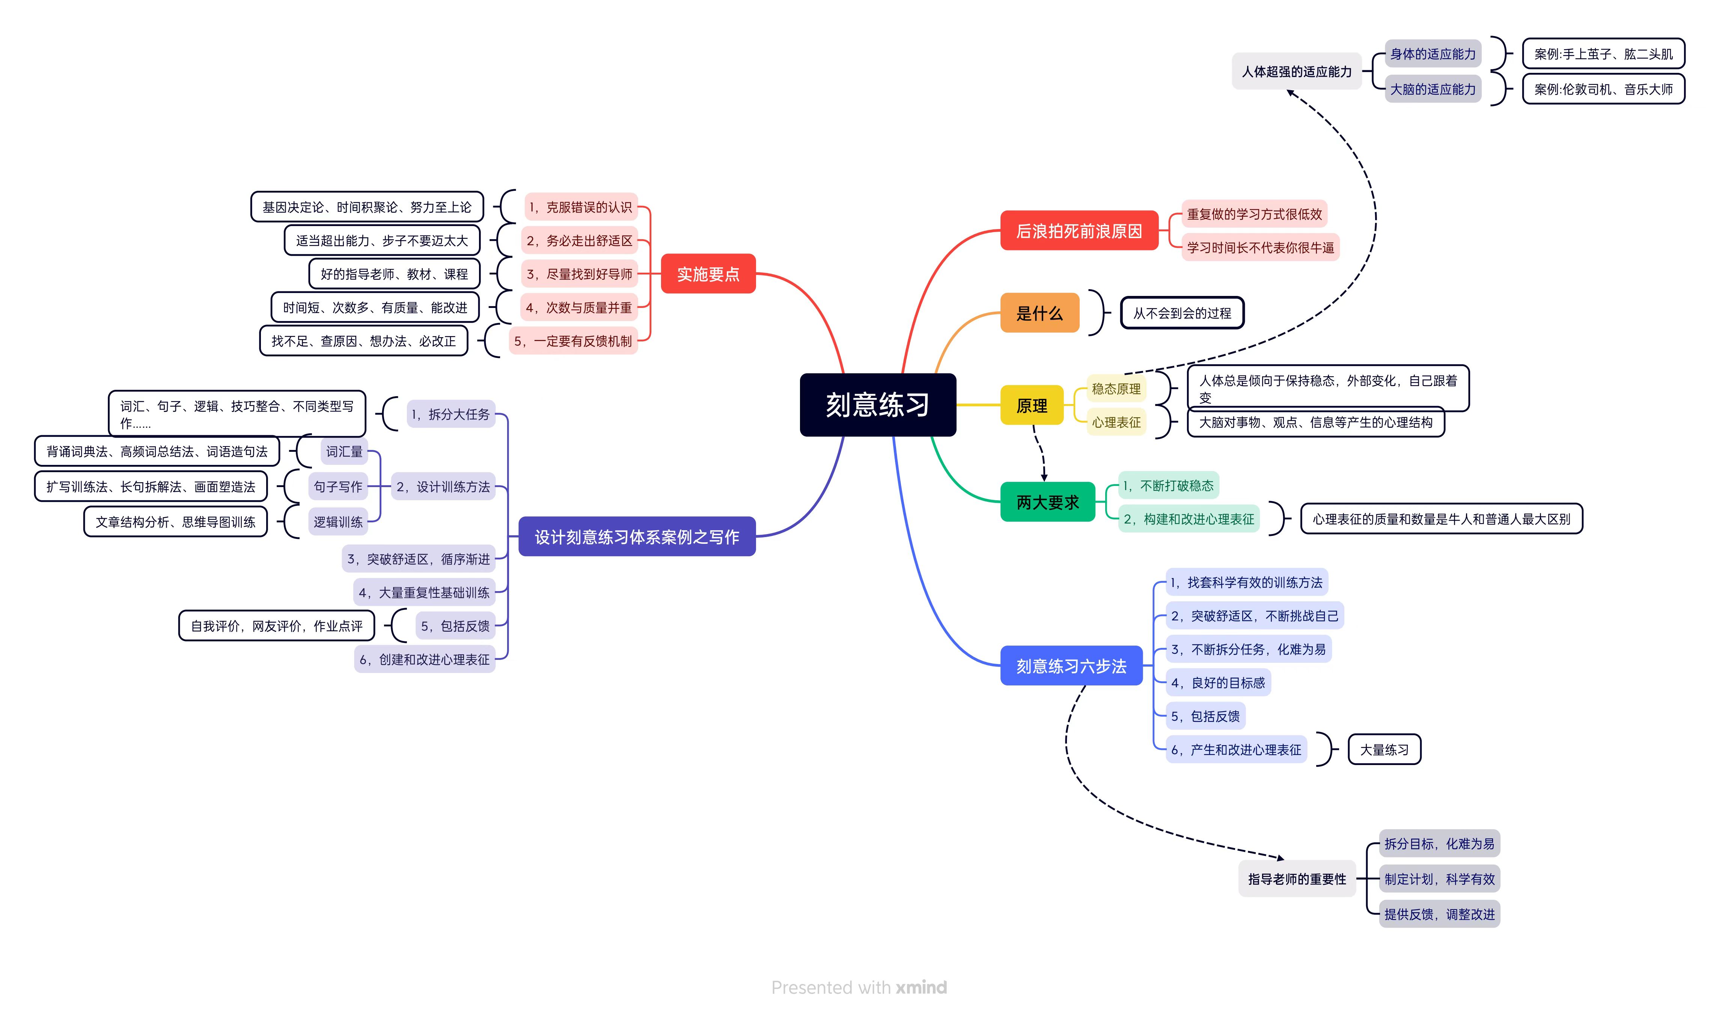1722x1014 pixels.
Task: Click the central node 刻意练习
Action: pyautogui.click(x=877, y=405)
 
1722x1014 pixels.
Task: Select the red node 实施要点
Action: pyautogui.click(x=708, y=274)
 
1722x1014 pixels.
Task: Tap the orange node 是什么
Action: pyautogui.click(x=1039, y=313)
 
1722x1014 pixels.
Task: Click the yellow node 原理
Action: pyautogui.click(x=1031, y=406)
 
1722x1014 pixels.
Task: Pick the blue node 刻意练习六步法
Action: pyautogui.click(x=1071, y=666)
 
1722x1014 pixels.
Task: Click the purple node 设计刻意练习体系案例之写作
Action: pyautogui.click(x=636, y=537)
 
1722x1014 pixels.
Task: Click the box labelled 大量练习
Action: pyautogui.click(x=1384, y=749)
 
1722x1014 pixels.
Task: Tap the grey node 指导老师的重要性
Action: pyautogui.click(x=1296, y=879)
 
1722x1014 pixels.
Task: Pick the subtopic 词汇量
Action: pyautogui.click(x=344, y=451)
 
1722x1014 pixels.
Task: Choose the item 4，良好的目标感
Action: pyautogui.click(x=1218, y=682)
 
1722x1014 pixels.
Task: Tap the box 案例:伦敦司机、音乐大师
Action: pyautogui.click(x=1603, y=89)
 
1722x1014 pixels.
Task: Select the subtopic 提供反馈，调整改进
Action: pyautogui.click(x=1439, y=914)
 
